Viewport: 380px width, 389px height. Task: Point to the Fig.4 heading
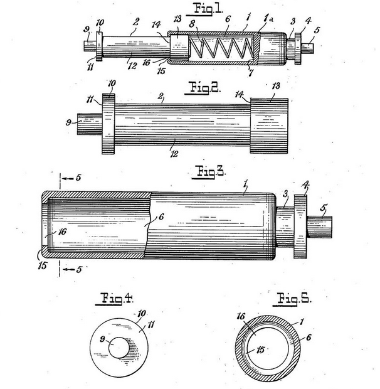[115, 297]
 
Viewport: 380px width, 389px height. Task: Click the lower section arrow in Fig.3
[70, 270]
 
